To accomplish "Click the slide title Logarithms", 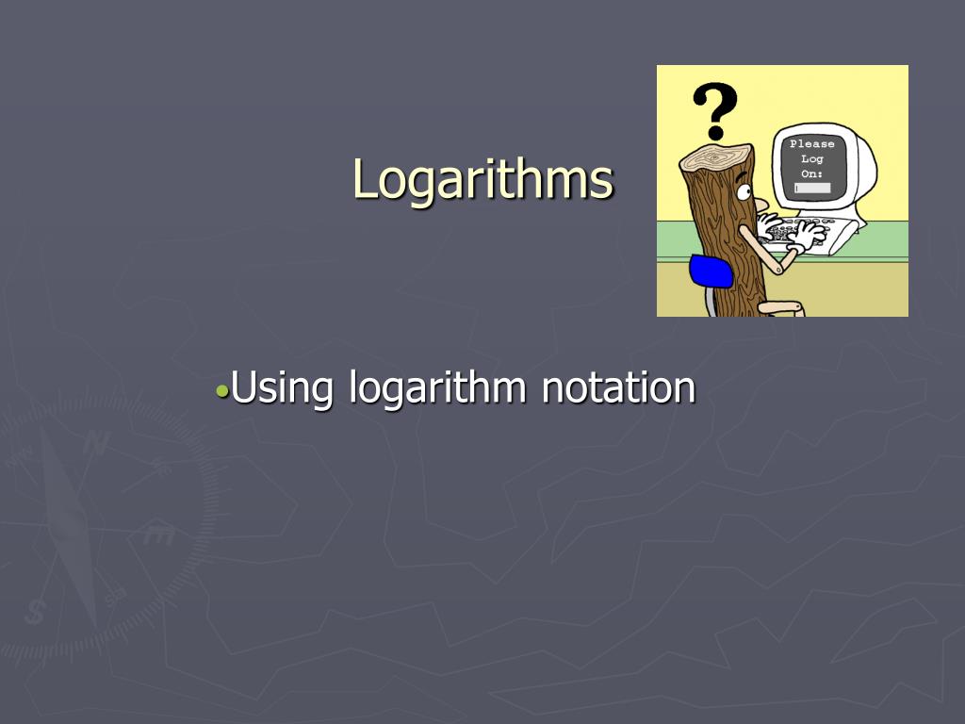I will (x=482, y=178).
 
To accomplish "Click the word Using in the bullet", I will (x=284, y=387).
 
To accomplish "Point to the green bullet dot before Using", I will (x=221, y=389).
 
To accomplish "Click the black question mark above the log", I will (x=715, y=109).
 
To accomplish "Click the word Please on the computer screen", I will (x=811, y=144).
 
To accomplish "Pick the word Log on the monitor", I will (x=811, y=159).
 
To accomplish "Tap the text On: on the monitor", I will (x=811, y=173).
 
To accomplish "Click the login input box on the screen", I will (x=811, y=189).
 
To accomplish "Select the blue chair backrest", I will (x=711, y=271).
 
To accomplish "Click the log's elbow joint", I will (x=777, y=269).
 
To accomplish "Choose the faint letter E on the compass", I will (x=158, y=535).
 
